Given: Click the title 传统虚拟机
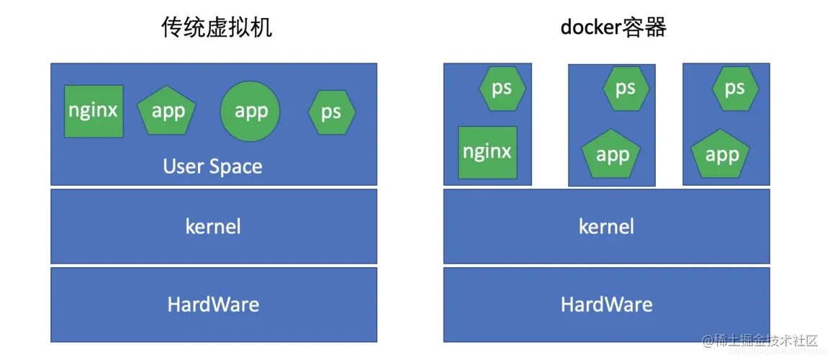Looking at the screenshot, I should (x=217, y=28).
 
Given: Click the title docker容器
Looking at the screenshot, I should (x=613, y=28).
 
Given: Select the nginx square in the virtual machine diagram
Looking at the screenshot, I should (x=94, y=111).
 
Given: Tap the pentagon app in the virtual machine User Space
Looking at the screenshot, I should (x=167, y=112).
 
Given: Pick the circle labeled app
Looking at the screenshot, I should (x=251, y=112).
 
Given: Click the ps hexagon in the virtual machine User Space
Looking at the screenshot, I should (x=331, y=112).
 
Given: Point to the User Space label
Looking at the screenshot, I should (x=213, y=166).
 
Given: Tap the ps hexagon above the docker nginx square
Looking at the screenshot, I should (x=502, y=89).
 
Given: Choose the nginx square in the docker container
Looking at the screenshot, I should (x=487, y=153).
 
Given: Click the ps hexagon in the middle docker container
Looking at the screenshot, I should (x=625, y=89).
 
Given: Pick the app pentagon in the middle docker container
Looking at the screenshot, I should (x=612, y=156).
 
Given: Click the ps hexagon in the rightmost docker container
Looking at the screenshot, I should (x=734, y=89).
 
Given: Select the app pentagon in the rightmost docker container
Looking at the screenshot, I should (x=721, y=156).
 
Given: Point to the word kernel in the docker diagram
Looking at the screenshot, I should (x=606, y=227).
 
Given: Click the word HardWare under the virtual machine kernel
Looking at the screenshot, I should (x=213, y=305).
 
